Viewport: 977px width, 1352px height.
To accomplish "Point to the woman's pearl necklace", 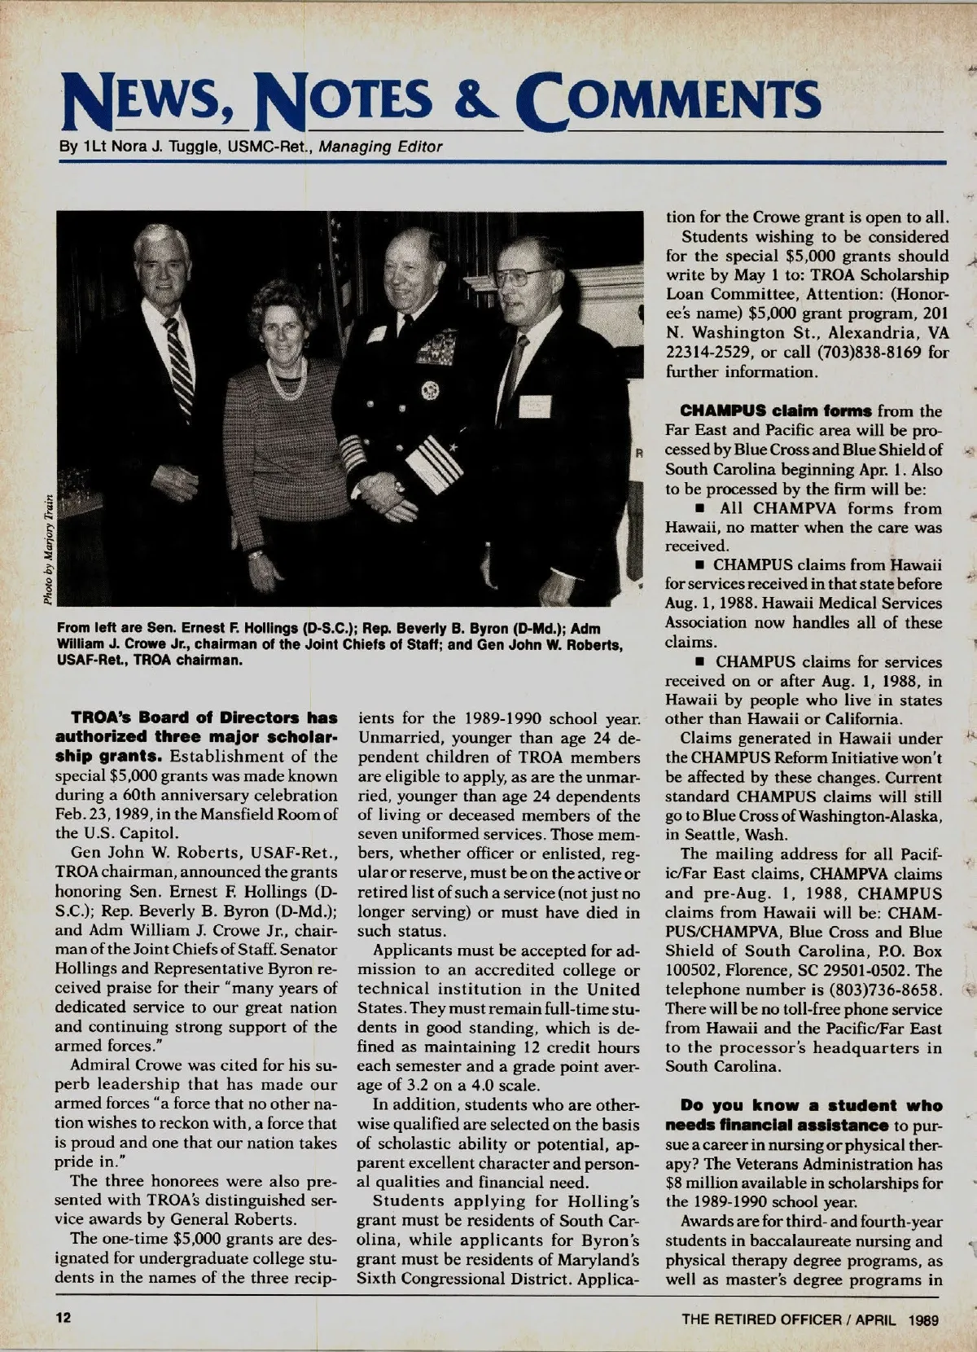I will (x=287, y=378).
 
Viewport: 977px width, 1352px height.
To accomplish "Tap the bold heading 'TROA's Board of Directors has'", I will (x=204, y=718).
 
